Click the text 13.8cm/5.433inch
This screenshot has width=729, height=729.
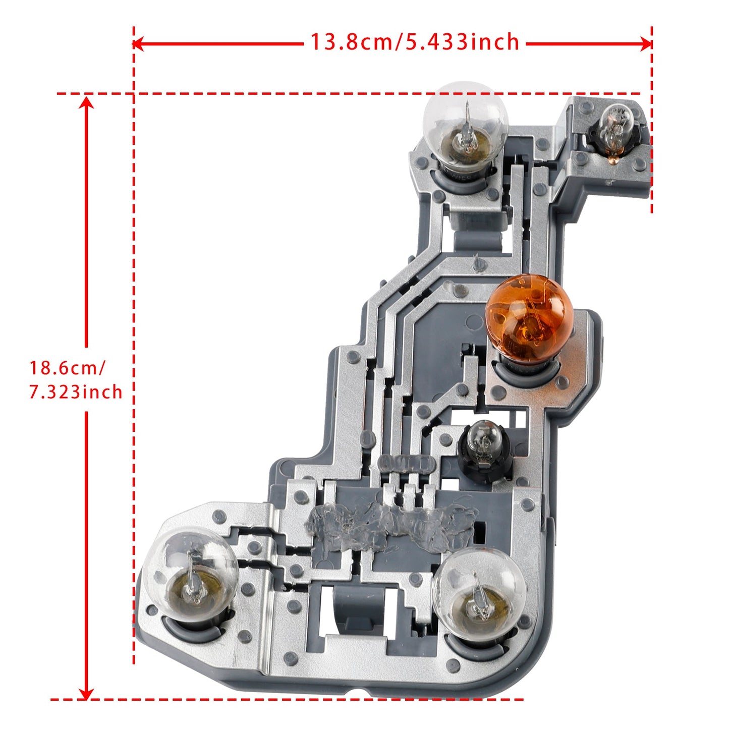click(414, 42)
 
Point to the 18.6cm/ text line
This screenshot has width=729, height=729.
click(67, 368)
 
